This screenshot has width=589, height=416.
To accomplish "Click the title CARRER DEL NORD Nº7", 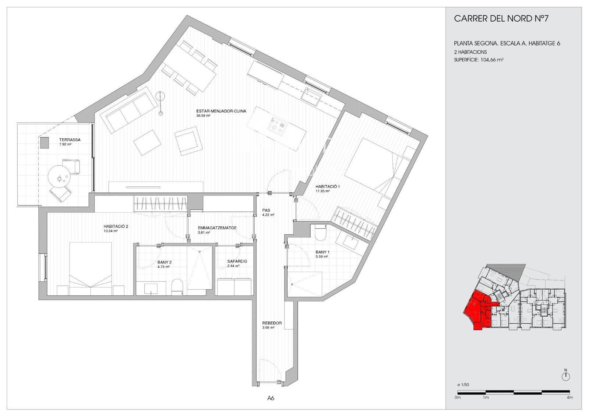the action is pos(501,18).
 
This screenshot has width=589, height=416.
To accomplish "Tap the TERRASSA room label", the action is pos(70,140).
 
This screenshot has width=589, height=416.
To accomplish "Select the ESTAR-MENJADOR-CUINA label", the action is pos(221,111).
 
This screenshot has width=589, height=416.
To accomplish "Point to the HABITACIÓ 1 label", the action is pos(328,187).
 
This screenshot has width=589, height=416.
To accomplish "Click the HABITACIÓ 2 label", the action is pos(116,226).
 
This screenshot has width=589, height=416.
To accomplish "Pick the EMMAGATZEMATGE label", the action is pos(217,228).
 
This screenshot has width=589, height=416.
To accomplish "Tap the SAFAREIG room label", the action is pos(237,261).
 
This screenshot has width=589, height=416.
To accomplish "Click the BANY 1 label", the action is pos(322,252).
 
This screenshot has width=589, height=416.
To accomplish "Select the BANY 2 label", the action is pos(165,262).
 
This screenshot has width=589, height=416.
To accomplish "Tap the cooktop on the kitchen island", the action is pos(276,127).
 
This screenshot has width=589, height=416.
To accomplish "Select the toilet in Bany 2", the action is pos(177,287).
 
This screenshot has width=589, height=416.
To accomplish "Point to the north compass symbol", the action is pos(565,377).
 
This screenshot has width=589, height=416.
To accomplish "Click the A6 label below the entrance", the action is pos(271,398).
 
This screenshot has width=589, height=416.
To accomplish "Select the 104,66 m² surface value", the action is pos(492,60).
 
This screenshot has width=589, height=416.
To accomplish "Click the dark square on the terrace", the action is pos(45,143).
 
